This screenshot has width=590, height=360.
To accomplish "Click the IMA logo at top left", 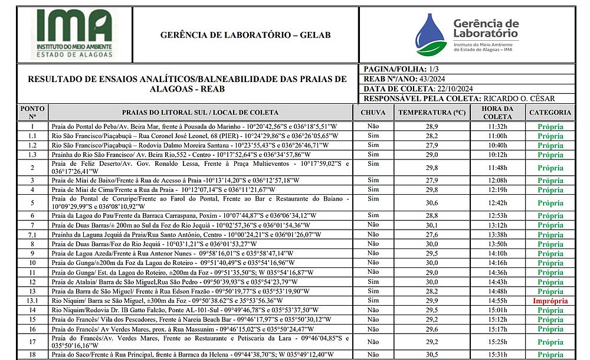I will (x=74, y=35).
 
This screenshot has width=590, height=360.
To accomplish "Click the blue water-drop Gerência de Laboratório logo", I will (x=430, y=35).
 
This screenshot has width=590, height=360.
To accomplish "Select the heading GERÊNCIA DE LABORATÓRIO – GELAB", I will (x=245, y=35).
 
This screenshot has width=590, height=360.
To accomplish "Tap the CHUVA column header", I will (x=373, y=112).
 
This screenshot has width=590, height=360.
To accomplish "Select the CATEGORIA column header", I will (x=550, y=112).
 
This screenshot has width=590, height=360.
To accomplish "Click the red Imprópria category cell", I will (x=550, y=301).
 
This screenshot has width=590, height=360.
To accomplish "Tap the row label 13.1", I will (x=32, y=301).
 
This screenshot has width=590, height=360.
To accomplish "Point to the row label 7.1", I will (x=32, y=234).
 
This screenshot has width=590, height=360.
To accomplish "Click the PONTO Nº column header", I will (x=32, y=112).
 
